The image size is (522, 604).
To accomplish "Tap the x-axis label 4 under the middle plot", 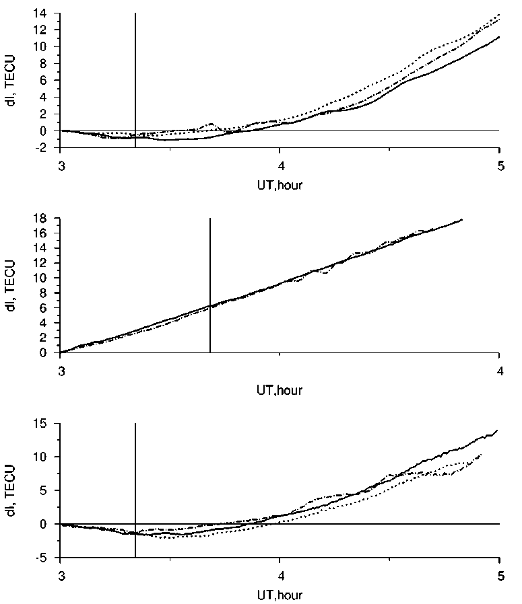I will tap(499, 369).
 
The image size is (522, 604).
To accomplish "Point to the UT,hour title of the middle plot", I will tap(280, 389).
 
